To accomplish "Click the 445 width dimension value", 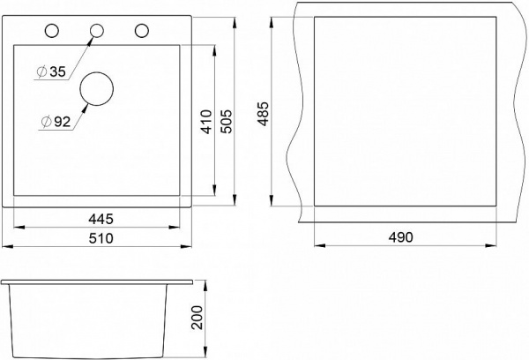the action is pos(101,219).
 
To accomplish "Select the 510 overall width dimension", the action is pos(101,238).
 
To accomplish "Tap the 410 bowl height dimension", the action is pos(206,122).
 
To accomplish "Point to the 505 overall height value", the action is pos(226,122).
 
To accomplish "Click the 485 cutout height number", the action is pos(263,114).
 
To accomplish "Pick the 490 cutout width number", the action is pos(400,237).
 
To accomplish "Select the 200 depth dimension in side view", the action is pos(197,318).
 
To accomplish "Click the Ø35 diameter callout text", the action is pos(51,71).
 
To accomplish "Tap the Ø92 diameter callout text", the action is pos(56,122).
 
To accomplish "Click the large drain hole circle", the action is pos(96,72).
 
